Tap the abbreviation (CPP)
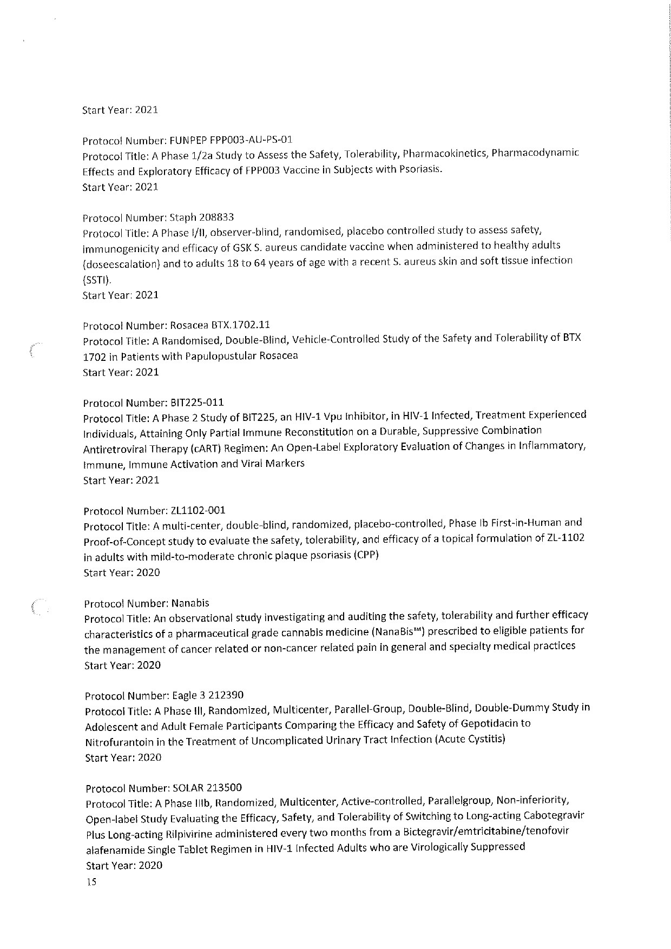click(366, 556)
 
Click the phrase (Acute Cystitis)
click(470, 739)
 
